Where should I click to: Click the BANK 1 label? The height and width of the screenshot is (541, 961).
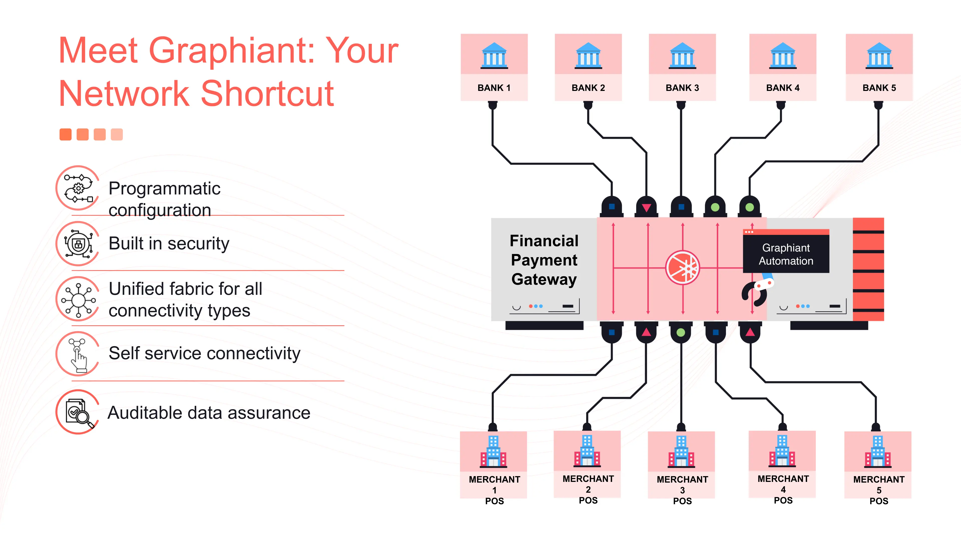[494, 88]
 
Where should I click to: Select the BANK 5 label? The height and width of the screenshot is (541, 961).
[879, 88]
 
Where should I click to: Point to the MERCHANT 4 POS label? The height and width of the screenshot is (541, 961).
[783, 489]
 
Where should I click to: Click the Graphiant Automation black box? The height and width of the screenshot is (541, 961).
[786, 254]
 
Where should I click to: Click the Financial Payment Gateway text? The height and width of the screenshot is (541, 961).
[544, 260]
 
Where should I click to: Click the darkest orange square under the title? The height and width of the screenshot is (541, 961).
[66, 134]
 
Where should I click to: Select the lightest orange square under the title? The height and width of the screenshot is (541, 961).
[117, 134]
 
